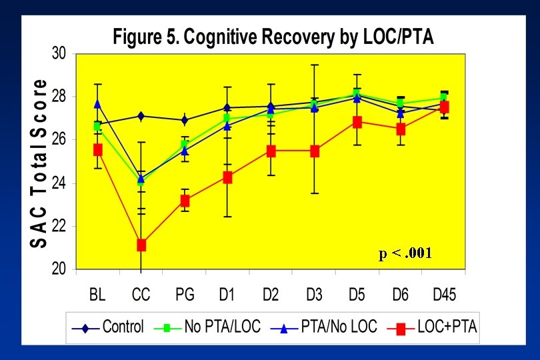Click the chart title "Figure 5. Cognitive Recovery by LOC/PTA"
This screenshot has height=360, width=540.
(273, 37)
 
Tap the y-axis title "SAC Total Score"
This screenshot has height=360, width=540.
(39, 163)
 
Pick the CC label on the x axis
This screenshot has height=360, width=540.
(141, 294)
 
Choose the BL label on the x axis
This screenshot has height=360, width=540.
(98, 294)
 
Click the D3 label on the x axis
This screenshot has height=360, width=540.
(314, 294)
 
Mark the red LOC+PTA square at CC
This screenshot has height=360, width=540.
(141, 245)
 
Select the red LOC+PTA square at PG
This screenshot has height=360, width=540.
(184, 201)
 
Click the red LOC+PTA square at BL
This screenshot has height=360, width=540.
(98, 150)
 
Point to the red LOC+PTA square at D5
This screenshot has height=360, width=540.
(357, 122)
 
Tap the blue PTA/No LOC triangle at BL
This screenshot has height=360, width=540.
(98, 104)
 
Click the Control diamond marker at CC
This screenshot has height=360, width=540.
(141, 116)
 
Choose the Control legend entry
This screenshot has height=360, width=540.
(110, 327)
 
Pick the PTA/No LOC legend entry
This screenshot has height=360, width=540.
(323, 327)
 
